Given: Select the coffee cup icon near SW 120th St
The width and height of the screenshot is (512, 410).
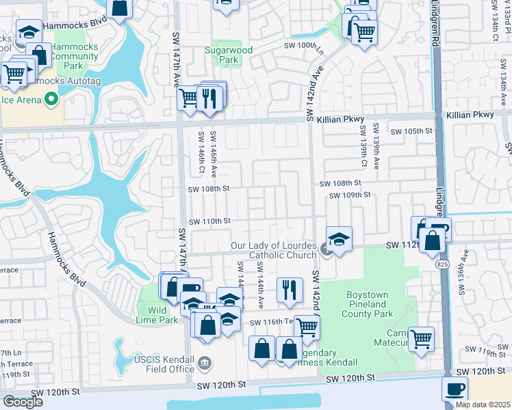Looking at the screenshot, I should [455, 389].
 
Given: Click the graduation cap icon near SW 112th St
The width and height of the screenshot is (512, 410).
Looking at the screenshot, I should [339, 239].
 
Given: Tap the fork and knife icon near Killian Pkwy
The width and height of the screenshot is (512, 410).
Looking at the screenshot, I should [210, 98].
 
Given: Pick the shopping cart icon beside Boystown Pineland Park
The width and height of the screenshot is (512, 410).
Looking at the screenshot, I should [421, 338].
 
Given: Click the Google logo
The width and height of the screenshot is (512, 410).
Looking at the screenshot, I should [23, 402].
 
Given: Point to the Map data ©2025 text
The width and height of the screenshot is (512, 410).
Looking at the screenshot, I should [483, 405].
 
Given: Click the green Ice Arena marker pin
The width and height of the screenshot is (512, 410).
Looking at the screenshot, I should [51, 100].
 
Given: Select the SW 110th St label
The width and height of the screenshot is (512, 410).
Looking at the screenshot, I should [209, 221].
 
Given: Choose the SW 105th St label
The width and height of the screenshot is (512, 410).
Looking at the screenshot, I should [412, 131].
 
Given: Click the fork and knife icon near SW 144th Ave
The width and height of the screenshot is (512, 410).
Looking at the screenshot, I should [290, 290].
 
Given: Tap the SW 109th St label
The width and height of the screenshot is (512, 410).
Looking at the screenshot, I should [349, 195].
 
